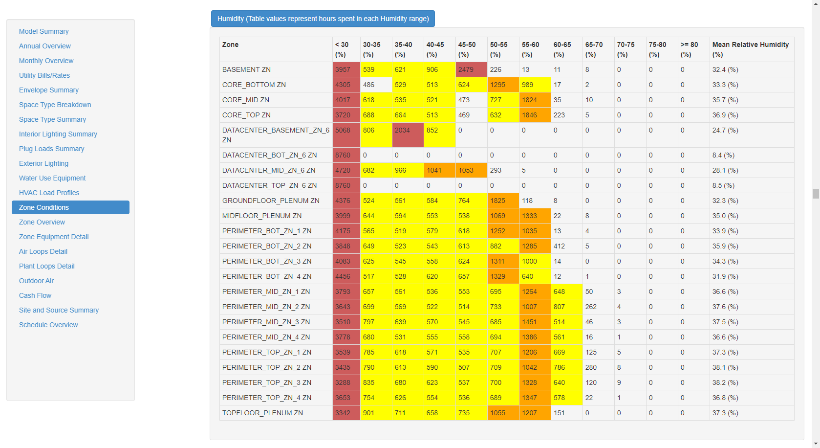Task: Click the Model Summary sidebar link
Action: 43,31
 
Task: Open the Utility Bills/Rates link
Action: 44,75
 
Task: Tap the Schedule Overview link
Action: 48,325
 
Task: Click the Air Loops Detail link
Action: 43,251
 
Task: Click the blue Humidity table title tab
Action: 323,19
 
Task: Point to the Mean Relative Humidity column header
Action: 750,49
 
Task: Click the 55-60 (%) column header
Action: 531,49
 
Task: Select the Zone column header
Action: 230,45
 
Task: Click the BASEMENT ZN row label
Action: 246,69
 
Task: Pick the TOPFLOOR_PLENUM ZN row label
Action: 262,413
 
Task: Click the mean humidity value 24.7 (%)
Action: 725,130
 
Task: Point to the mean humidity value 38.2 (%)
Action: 725,382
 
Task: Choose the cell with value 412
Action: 559,246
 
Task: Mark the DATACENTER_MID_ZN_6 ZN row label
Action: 269,170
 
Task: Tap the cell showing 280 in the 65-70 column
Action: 591,367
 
